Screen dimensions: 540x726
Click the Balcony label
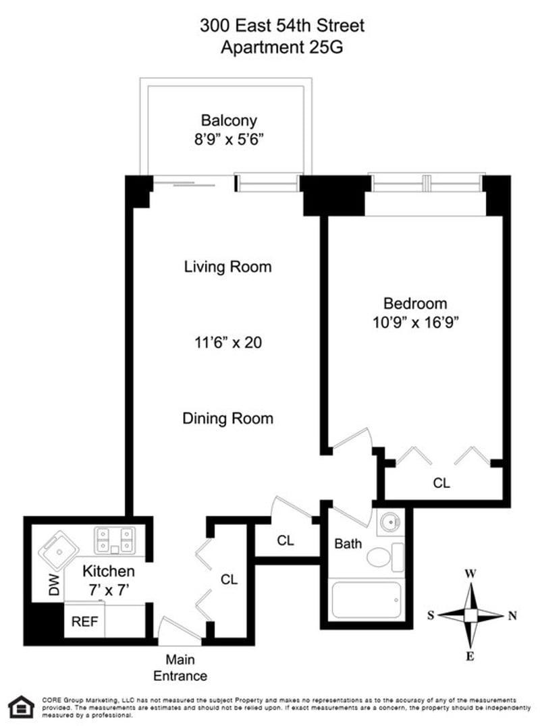[x=229, y=120]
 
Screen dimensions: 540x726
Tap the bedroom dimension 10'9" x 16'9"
[x=415, y=323]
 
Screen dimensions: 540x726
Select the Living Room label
[x=228, y=267]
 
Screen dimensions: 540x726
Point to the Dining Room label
[x=228, y=418]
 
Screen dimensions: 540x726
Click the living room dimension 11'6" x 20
[x=228, y=343]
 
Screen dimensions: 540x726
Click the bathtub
[x=367, y=600]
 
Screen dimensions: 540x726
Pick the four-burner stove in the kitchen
[x=115, y=540]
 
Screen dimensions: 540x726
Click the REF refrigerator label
[x=85, y=621]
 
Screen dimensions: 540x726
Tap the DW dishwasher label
[x=54, y=584]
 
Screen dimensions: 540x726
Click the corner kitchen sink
[x=58, y=551]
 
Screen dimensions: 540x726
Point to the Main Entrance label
[x=180, y=668]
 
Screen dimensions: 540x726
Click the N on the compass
[x=512, y=616]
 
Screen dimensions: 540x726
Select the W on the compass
[x=470, y=574]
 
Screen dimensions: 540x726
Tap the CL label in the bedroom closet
[x=441, y=483]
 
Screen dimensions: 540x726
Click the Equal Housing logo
[x=22, y=706]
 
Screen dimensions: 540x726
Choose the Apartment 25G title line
[x=282, y=47]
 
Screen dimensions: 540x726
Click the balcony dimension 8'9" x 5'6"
[x=229, y=139]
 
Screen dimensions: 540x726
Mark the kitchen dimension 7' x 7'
[x=109, y=590]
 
